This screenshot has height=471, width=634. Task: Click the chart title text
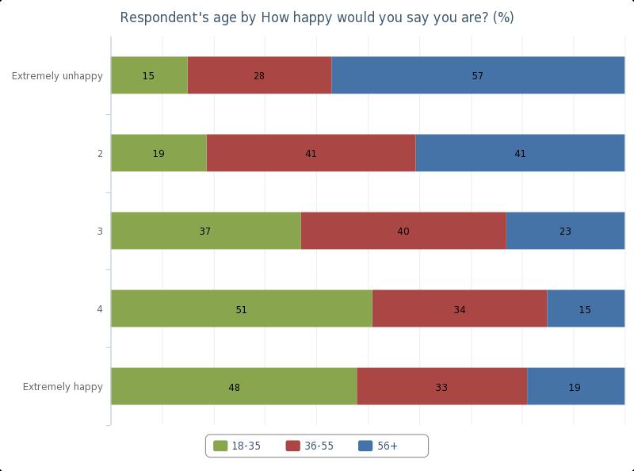click(317, 17)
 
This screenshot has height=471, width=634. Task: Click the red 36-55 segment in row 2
click(311, 153)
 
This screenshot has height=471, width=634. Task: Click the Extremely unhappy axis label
click(57, 76)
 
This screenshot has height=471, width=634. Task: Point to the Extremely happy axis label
click(63, 387)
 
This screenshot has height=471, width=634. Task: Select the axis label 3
click(100, 232)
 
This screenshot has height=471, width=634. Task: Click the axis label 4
click(100, 309)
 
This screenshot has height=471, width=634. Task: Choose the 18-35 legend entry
click(238, 446)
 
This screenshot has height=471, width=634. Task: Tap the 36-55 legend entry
click(311, 446)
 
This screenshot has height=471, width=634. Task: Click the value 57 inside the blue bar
click(478, 76)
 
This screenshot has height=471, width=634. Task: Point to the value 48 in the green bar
click(234, 388)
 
